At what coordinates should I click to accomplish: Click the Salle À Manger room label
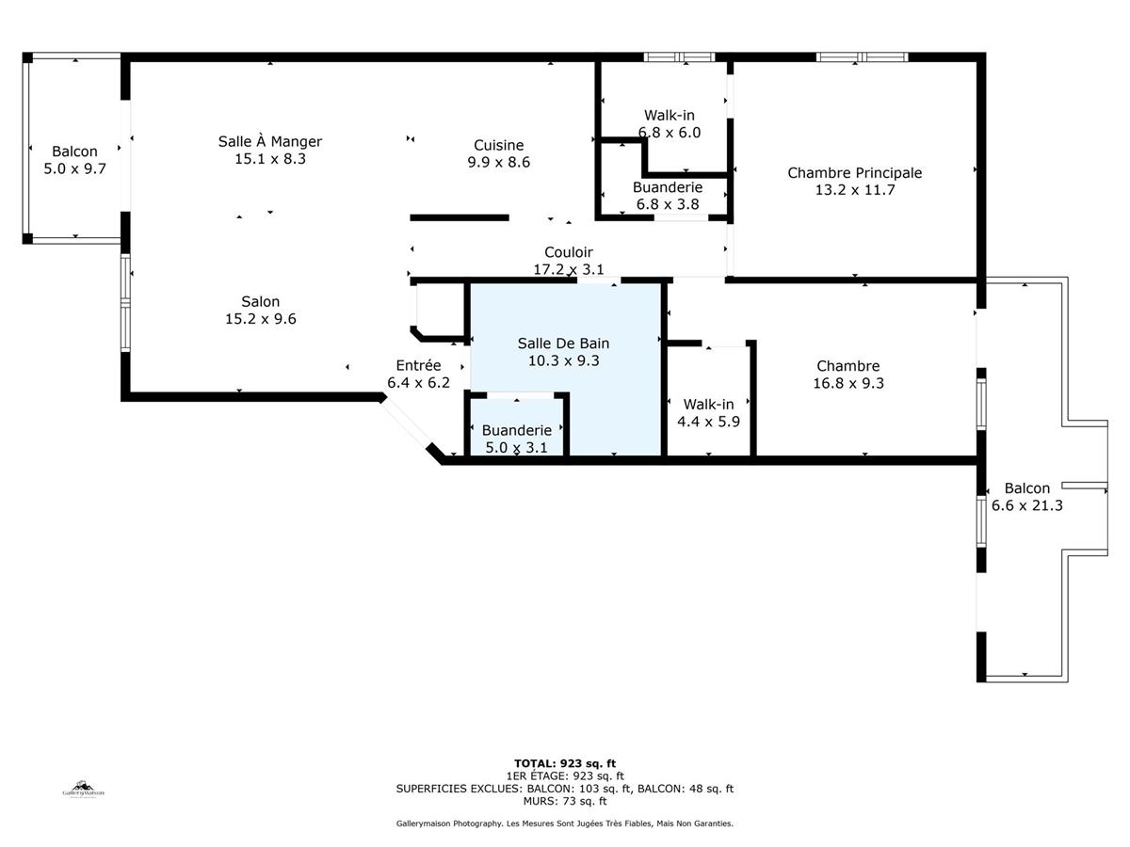click(270, 142)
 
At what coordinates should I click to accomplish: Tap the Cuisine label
click(498, 145)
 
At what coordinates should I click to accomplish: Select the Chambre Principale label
click(854, 172)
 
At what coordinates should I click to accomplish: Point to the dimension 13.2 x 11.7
click(854, 189)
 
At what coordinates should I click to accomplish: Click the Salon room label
click(260, 302)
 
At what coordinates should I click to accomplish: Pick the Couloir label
click(568, 252)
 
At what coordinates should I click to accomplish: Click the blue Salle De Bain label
click(564, 343)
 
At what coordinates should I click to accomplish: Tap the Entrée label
click(418, 366)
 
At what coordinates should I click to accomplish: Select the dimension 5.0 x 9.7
click(74, 168)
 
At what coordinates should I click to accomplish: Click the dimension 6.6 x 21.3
click(1026, 505)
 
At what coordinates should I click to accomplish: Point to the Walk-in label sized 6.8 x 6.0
click(670, 115)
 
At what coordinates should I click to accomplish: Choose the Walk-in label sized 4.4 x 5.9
click(708, 405)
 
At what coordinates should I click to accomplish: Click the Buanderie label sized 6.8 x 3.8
click(667, 187)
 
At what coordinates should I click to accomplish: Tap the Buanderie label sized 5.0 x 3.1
click(516, 430)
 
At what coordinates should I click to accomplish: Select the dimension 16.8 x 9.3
click(847, 383)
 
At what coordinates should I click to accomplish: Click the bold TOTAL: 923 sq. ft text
click(564, 763)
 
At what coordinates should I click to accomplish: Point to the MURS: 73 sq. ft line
click(564, 801)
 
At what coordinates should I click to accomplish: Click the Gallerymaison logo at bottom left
click(84, 789)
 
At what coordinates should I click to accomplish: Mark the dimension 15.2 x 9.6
click(260, 319)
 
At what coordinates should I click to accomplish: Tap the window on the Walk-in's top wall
click(679, 57)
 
